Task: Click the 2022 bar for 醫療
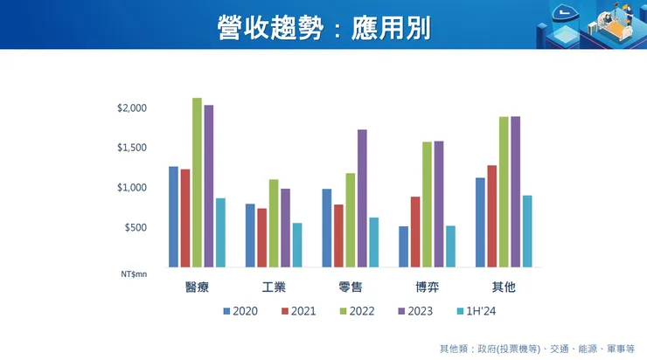click(197, 182)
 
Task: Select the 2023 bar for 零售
click(362, 198)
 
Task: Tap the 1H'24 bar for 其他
click(527, 231)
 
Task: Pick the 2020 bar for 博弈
click(403, 246)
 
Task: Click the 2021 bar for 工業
click(261, 238)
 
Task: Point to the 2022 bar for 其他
click(504, 191)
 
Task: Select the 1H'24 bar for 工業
click(297, 245)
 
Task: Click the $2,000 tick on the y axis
click(133, 107)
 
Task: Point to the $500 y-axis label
click(136, 227)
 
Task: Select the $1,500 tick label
click(133, 148)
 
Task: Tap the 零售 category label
click(350, 287)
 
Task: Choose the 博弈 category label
click(427, 287)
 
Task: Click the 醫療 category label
click(197, 287)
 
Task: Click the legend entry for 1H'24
click(481, 310)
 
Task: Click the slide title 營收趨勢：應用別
click(323, 26)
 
